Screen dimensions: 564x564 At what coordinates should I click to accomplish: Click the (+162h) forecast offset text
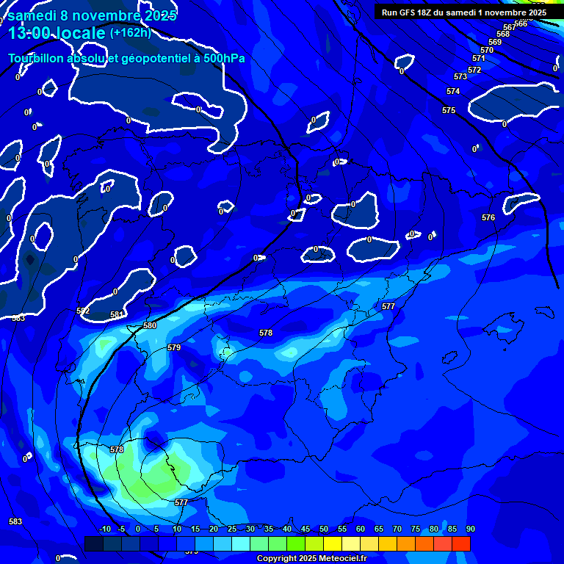coord(130,32)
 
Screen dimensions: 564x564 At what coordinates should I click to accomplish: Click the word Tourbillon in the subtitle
coord(36,58)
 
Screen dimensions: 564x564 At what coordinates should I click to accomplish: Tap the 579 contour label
coord(174,347)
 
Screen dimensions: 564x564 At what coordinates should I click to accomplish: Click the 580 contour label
coord(150,325)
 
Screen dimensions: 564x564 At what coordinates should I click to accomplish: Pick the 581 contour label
coord(117,315)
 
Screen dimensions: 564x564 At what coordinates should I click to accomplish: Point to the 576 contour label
coord(488,218)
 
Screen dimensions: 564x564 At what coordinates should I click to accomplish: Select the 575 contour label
coord(449,111)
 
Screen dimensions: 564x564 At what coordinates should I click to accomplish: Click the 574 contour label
coord(453,92)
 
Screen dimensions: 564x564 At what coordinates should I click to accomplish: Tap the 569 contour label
coord(495,42)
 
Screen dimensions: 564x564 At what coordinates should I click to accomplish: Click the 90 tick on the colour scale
coord(470,529)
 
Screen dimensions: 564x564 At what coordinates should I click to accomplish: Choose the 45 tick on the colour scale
coord(305,529)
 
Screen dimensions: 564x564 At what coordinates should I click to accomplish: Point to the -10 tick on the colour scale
coord(104,529)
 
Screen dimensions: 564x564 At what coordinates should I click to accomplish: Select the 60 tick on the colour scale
coord(360,529)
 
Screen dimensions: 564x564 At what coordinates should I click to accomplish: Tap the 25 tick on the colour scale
coord(232,529)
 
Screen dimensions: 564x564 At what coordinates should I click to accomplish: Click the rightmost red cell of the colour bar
coord(461,543)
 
